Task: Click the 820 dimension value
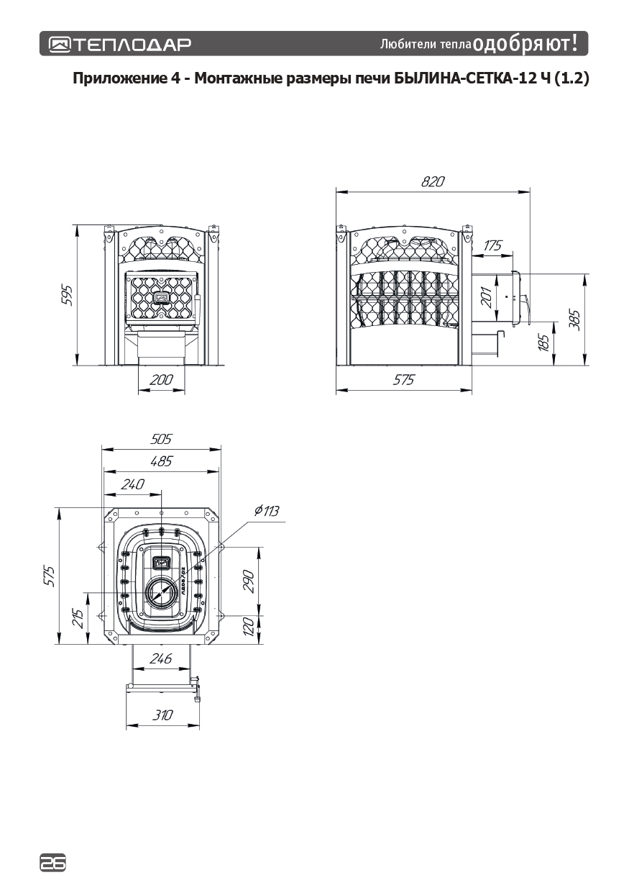point(432,182)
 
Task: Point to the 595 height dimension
point(68,295)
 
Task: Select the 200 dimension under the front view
point(161,379)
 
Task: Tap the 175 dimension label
point(492,245)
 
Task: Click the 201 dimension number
point(487,297)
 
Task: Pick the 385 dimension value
point(574,319)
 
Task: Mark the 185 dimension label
point(543,342)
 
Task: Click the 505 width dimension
point(161,439)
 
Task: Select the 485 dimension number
point(161,461)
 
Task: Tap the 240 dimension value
point(133,484)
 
